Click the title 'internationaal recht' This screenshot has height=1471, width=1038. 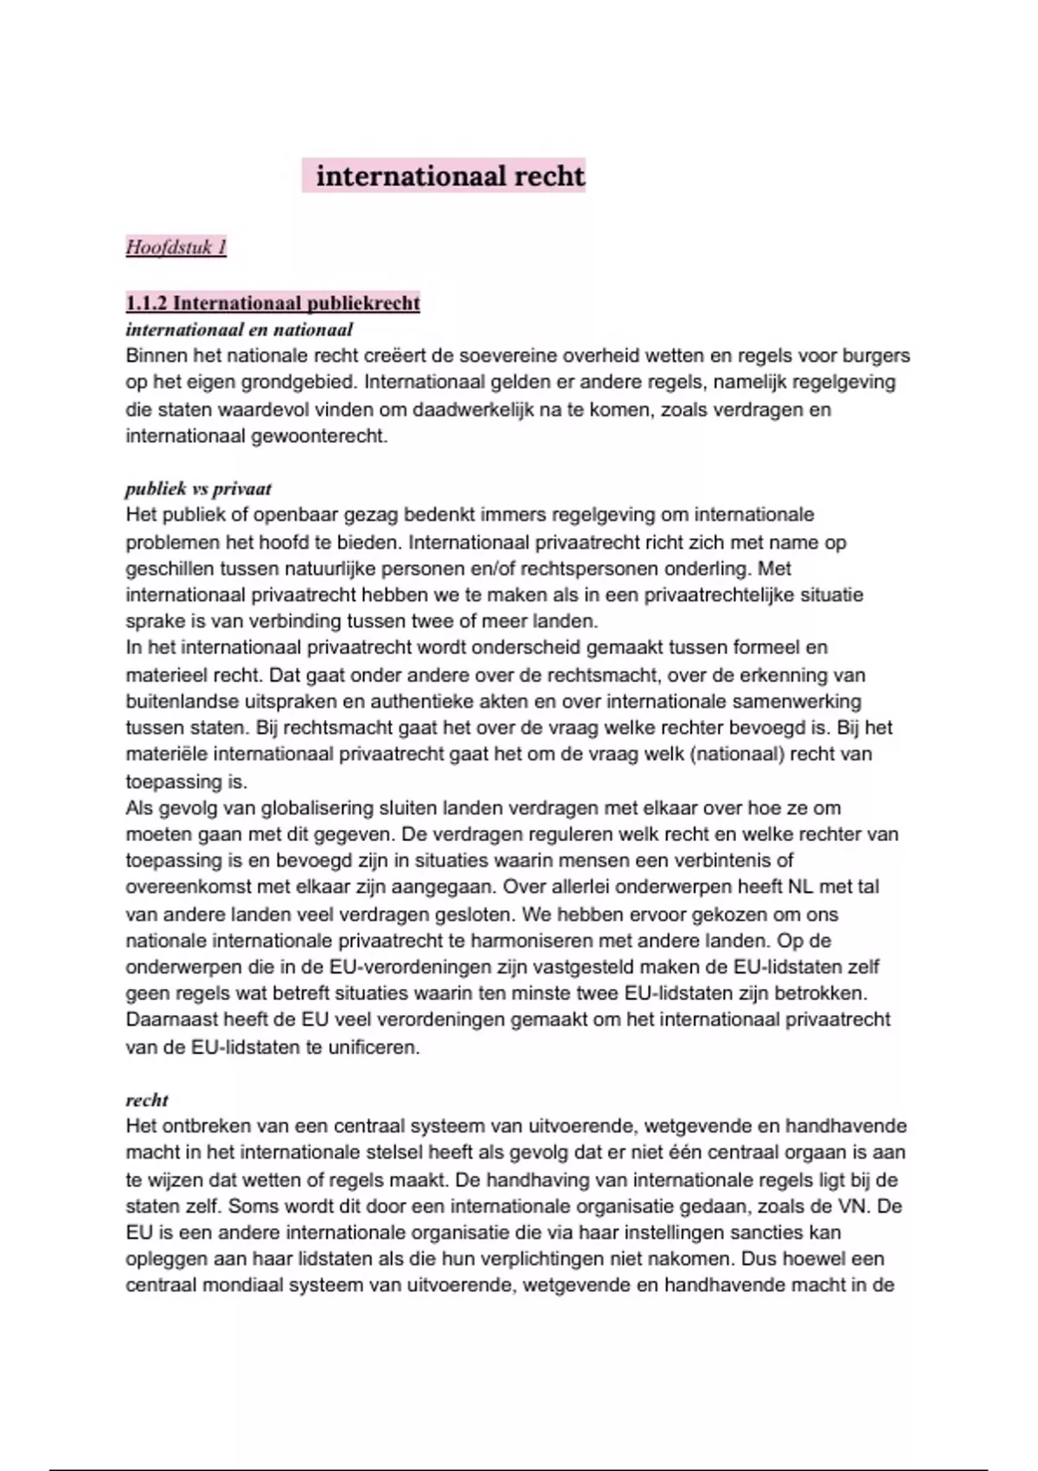click(x=450, y=177)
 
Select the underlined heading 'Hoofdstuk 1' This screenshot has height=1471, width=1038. click(x=176, y=247)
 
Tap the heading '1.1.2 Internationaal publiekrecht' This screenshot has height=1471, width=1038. click(x=272, y=303)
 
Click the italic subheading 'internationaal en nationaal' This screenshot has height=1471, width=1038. click(x=239, y=330)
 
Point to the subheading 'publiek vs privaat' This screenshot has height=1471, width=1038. click(x=198, y=489)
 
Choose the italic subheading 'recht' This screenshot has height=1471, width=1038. click(x=147, y=1100)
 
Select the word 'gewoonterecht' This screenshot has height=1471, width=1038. click(x=318, y=436)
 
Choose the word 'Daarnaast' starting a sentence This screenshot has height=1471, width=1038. click(x=167, y=1019)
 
